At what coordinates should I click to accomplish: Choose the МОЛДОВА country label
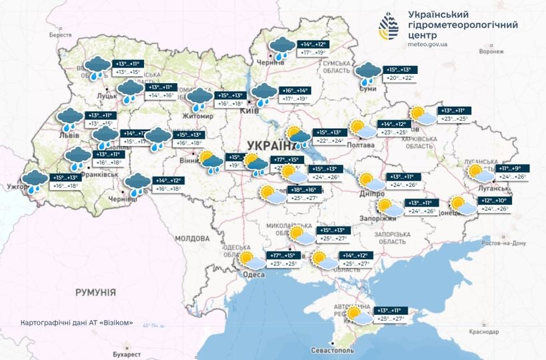point(191,238)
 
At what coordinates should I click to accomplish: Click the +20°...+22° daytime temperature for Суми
point(400,78)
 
